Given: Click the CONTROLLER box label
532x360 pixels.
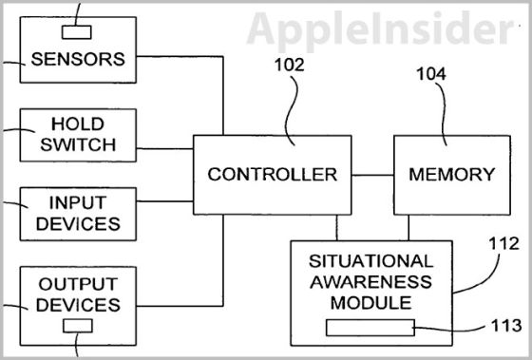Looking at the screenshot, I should point(273,174).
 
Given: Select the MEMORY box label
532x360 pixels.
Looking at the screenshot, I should point(451,174).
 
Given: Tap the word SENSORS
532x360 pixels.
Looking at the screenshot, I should point(78,58).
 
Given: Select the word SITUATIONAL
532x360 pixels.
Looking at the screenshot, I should point(371,260).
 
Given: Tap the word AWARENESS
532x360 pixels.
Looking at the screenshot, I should point(371,281).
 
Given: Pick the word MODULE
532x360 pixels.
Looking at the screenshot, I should point(371,303).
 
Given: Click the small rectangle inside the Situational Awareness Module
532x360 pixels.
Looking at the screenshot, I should point(370,328).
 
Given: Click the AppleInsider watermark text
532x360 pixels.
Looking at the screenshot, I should point(380,28).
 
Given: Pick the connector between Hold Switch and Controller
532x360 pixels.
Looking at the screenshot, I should point(166,149).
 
